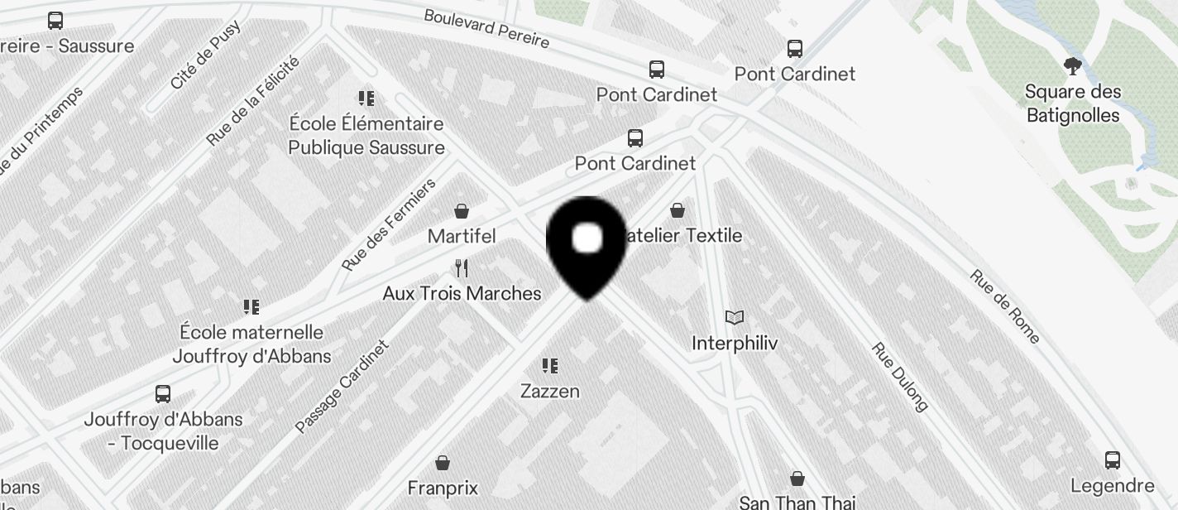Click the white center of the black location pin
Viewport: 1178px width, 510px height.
point(587,238)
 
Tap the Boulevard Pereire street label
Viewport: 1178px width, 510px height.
point(486,28)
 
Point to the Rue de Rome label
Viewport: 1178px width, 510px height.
point(1004,306)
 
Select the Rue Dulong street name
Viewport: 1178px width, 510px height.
point(901,377)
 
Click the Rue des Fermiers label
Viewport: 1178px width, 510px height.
point(389,225)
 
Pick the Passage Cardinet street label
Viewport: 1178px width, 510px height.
point(342,387)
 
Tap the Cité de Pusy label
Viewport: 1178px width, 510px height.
point(205,54)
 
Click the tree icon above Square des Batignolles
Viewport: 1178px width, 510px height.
point(1073,66)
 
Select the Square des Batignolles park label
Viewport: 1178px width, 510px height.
point(1073,103)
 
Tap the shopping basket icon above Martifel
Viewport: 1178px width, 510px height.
point(462,212)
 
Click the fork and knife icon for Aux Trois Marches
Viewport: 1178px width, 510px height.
point(462,268)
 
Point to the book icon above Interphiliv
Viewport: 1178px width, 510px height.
point(735,317)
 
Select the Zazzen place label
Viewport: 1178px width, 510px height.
point(550,391)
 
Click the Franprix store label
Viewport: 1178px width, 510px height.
point(443,488)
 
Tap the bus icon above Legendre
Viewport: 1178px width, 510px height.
point(1113,460)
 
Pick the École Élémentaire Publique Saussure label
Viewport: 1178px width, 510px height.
point(366,136)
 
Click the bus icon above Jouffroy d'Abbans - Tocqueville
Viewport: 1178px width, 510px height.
point(163,394)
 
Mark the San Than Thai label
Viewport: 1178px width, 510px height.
point(797,503)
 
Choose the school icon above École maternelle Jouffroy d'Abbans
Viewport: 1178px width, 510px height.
point(251,307)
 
